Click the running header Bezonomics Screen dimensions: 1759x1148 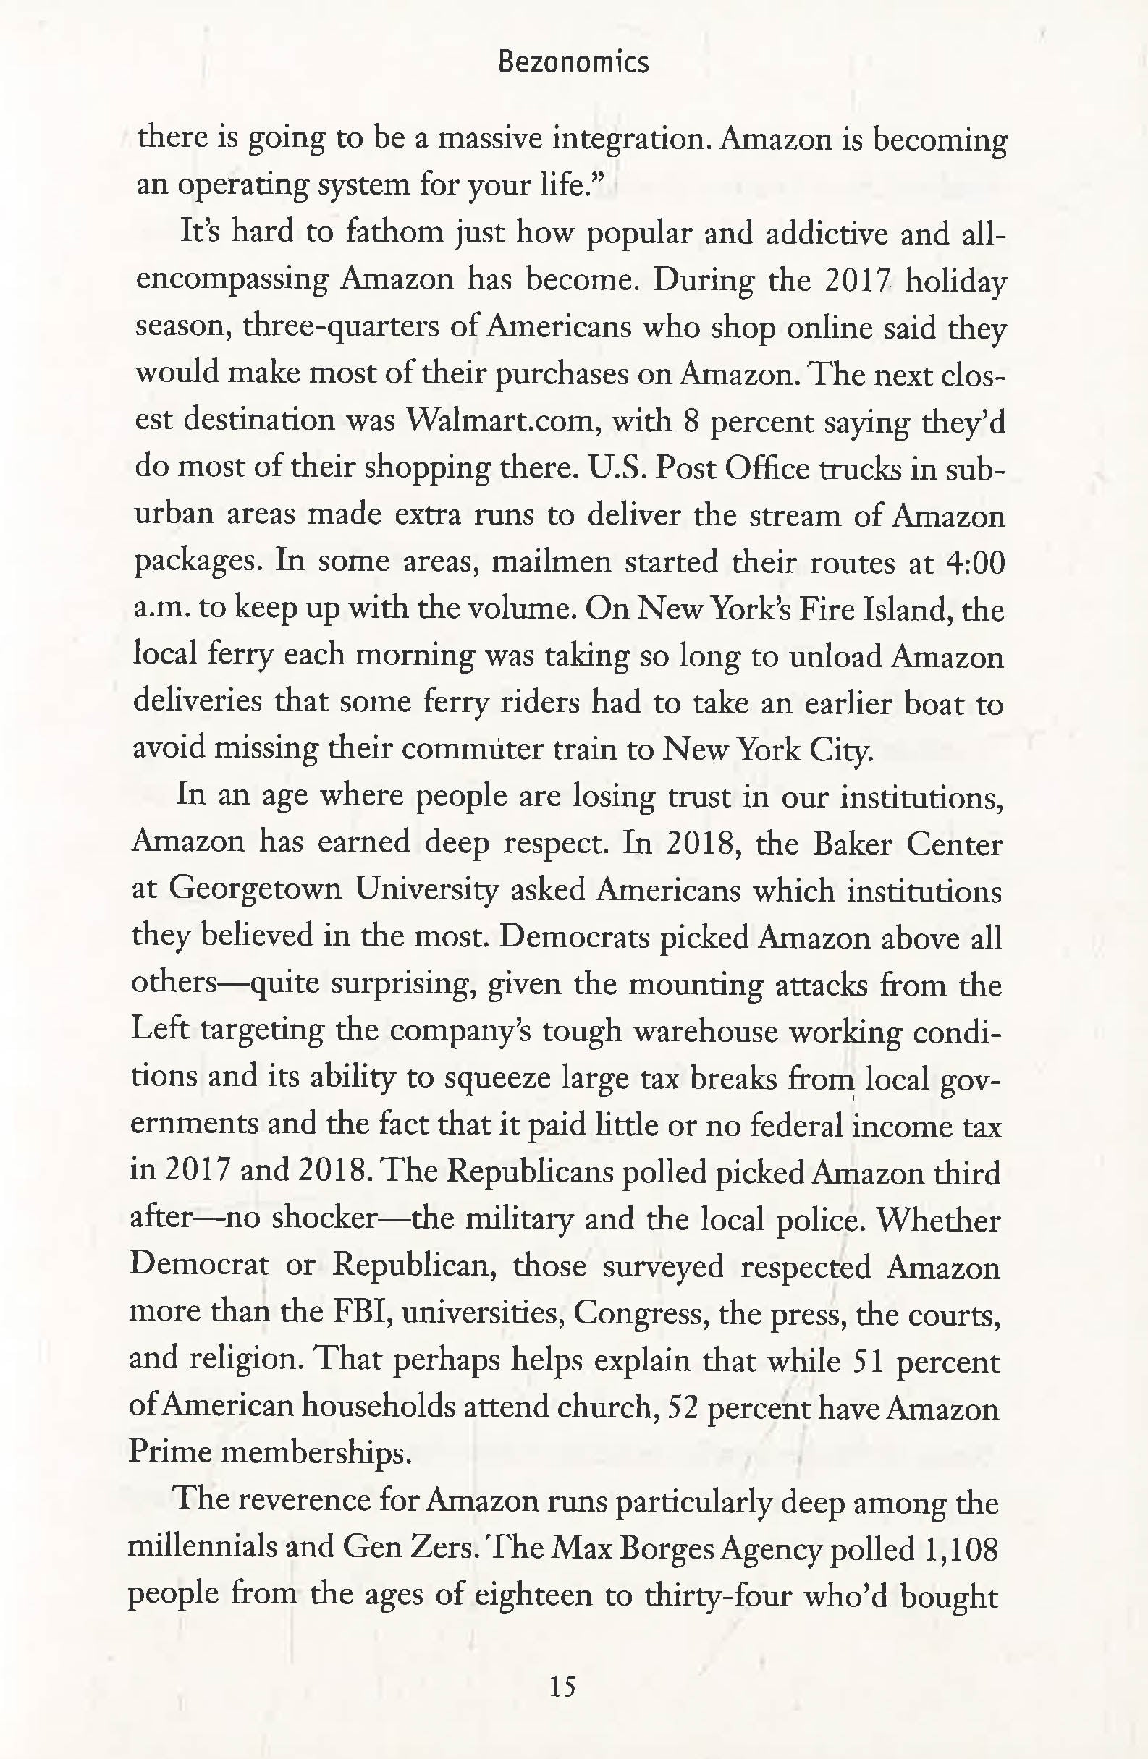pyautogui.click(x=573, y=63)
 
